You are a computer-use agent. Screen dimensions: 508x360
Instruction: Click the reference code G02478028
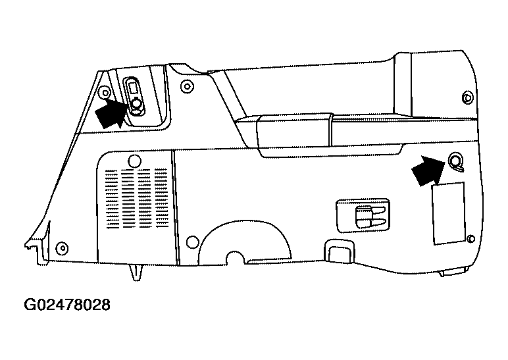pyautogui.click(x=67, y=305)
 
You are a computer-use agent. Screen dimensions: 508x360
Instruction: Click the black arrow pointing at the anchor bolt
pyautogui.click(x=110, y=113)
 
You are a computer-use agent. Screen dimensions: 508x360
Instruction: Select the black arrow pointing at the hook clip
pyautogui.click(x=428, y=170)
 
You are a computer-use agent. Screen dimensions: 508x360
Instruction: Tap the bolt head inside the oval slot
pyautogui.click(x=136, y=103)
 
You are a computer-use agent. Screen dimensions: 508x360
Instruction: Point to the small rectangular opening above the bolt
pyautogui.click(x=132, y=88)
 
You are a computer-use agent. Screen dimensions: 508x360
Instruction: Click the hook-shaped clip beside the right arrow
pyautogui.click(x=456, y=162)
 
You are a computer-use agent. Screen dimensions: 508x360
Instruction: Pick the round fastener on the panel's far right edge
pyautogui.click(x=467, y=97)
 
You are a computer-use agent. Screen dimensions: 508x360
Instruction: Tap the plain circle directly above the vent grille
pyautogui.click(x=135, y=161)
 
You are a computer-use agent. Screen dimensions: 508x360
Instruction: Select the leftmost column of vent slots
pyautogui.click(x=111, y=199)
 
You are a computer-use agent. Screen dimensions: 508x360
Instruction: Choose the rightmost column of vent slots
pyautogui.click(x=161, y=197)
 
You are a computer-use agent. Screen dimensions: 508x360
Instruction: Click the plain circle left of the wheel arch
pyautogui.click(x=193, y=242)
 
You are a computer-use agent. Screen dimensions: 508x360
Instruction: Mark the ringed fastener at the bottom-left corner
pyautogui.click(x=62, y=249)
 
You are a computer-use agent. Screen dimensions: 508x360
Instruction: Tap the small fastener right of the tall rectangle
pyautogui.click(x=471, y=239)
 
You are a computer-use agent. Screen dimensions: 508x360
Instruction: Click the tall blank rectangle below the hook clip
pyautogui.click(x=449, y=213)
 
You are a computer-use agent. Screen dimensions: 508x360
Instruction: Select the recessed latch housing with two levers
pyautogui.click(x=363, y=216)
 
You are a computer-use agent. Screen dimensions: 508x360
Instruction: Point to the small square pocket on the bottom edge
pyautogui.click(x=339, y=250)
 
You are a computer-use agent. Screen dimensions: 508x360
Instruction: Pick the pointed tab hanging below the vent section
pyautogui.click(x=136, y=272)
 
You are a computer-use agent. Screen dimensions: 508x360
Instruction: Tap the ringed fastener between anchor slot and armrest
pyautogui.click(x=187, y=86)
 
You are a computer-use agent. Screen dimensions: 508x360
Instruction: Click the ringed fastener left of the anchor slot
pyautogui.click(x=105, y=93)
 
